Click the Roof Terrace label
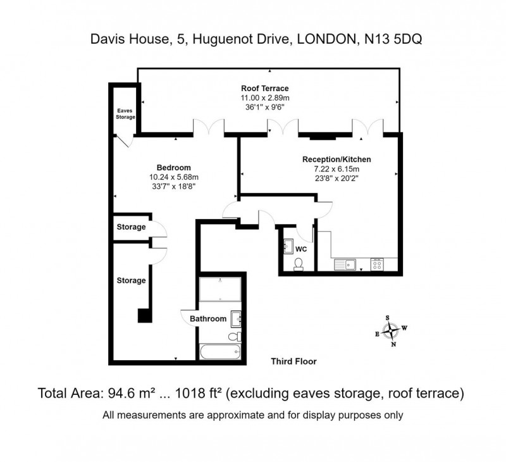coord(265,88)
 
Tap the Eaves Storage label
coord(125,114)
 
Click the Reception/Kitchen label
coord(336,159)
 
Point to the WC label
coord(301,249)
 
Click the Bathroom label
coord(208,319)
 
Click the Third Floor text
coord(293,361)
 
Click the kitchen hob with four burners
coord(378,264)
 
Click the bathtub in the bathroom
coord(220,352)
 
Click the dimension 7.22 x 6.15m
coord(336,170)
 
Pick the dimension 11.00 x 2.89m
coord(265,98)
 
